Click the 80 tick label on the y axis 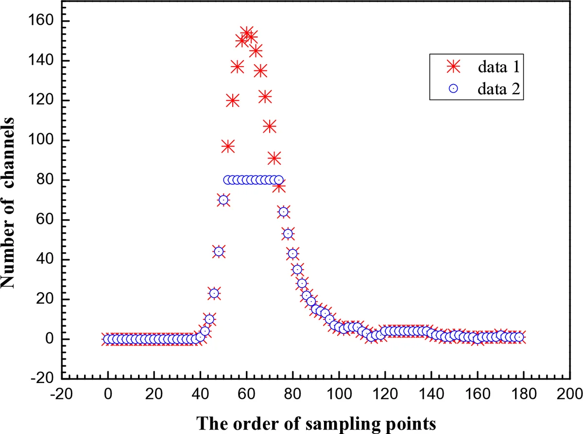point(45,180)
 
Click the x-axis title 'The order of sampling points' point(316,423)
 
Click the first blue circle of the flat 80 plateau point(228,180)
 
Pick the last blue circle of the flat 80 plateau point(278,180)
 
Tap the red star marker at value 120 point(233,101)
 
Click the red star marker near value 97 point(228,146)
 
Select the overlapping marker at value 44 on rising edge point(219,251)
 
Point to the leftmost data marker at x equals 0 point(108,339)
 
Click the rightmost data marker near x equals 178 point(519,337)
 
